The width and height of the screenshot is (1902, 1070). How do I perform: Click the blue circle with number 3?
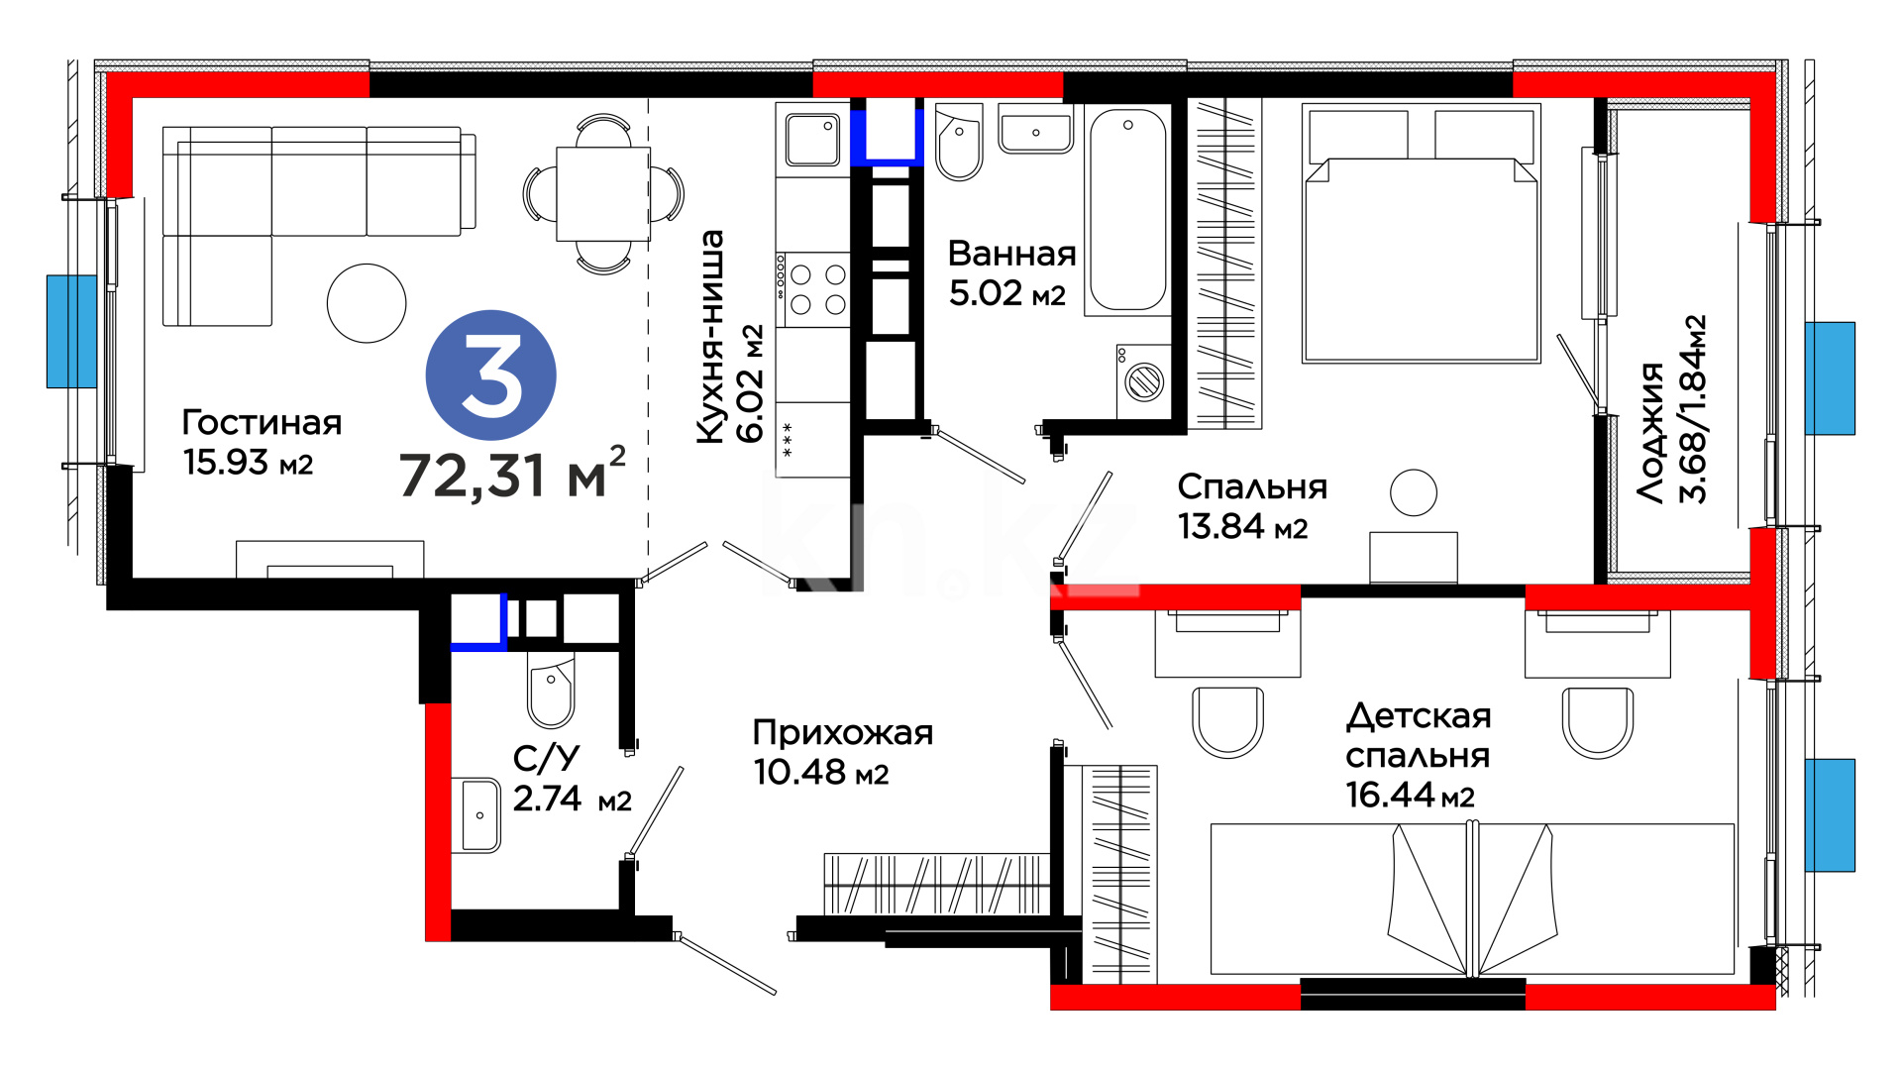coord(490,375)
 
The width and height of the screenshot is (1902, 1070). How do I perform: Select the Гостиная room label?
coord(262,423)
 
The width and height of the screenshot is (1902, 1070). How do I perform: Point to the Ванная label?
coord(1011,254)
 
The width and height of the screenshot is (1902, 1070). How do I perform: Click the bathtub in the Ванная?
coord(1127,210)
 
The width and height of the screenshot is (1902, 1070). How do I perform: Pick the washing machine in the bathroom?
coord(1143,380)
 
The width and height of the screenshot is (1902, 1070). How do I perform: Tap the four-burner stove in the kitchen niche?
coord(813,289)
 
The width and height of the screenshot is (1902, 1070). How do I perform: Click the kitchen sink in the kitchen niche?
coord(812,140)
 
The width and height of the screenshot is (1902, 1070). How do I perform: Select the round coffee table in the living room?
coord(367,303)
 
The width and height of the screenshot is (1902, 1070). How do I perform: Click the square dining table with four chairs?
coord(603,194)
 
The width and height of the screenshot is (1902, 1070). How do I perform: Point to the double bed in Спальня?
coord(1422,233)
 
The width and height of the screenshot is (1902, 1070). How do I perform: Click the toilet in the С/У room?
coord(551,689)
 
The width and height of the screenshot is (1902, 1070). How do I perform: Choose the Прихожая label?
coord(843,733)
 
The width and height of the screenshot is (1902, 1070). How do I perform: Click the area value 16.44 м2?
coord(1410,795)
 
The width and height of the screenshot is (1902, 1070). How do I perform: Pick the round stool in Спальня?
coord(1413,492)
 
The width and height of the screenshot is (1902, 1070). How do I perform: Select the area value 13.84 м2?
coord(1242,526)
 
